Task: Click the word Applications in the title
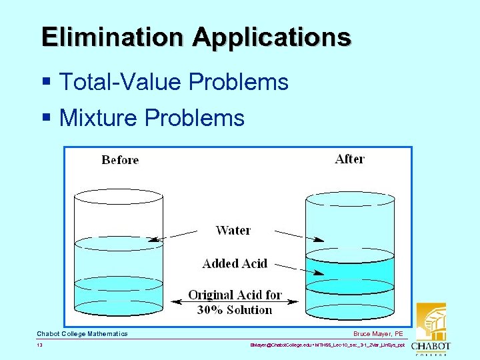pyautogui.click(x=272, y=38)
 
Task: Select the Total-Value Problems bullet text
pyautogui.click(x=173, y=82)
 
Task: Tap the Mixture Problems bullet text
pyautogui.click(x=151, y=118)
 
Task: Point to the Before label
pyautogui.click(x=120, y=160)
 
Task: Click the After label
pyautogui.click(x=349, y=159)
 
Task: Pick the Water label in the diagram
pyautogui.click(x=233, y=231)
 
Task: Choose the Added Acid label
pyautogui.click(x=235, y=263)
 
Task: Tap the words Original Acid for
pyautogui.click(x=235, y=295)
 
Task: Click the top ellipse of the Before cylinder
pyautogui.click(x=119, y=195)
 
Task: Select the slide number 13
pyautogui.click(x=40, y=345)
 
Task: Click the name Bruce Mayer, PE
pyautogui.click(x=379, y=333)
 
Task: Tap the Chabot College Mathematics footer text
pyautogui.click(x=82, y=333)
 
